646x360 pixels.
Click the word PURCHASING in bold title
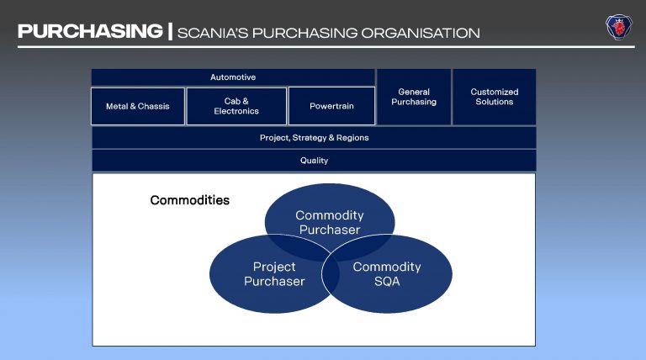[x=90, y=32]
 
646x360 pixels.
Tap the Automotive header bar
[x=233, y=77]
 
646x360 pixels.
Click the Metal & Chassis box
[x=138, y=107]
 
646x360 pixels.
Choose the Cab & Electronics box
[x=236, y=106]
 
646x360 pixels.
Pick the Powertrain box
[x=331, y=107]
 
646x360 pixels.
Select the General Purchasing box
[x=414, y=97]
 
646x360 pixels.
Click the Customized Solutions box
[x=495, y=97]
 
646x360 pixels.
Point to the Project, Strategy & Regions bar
[x=314, y=137]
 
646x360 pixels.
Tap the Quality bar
[x=314, y=160]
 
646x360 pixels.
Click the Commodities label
[x=189, y=200]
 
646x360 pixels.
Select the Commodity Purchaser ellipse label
[x=330, y=223]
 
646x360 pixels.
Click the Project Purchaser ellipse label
[x=274, y=274]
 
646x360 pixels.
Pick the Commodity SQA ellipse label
[x=387, y=274]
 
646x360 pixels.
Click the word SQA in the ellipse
[x=387, y=282]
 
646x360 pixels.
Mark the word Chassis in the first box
[x=155, y=107]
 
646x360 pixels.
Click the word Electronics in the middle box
[x=236, y=111]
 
